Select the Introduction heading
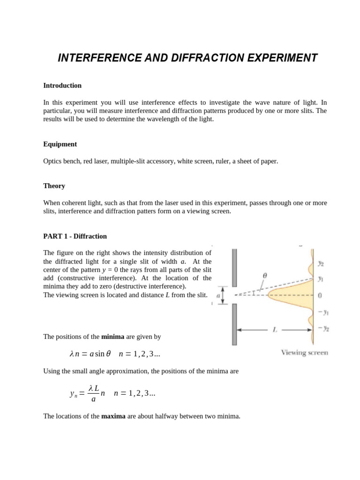click(62, 85)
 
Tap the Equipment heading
click(60, 144)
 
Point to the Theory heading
click(54, 186)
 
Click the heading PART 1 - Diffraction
click(75, 236)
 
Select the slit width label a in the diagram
click(218, 295)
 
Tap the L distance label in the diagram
click(275, 330)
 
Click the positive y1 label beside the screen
click(321, 278)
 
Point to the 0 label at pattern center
click(320, 295)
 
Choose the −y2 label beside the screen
click(323, 328)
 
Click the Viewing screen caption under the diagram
click(304, 352)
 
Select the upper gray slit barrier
click(234, 268)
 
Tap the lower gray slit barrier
click(234, 324)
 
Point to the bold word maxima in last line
click(113, 415)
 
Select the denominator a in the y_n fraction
click(93, 399)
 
